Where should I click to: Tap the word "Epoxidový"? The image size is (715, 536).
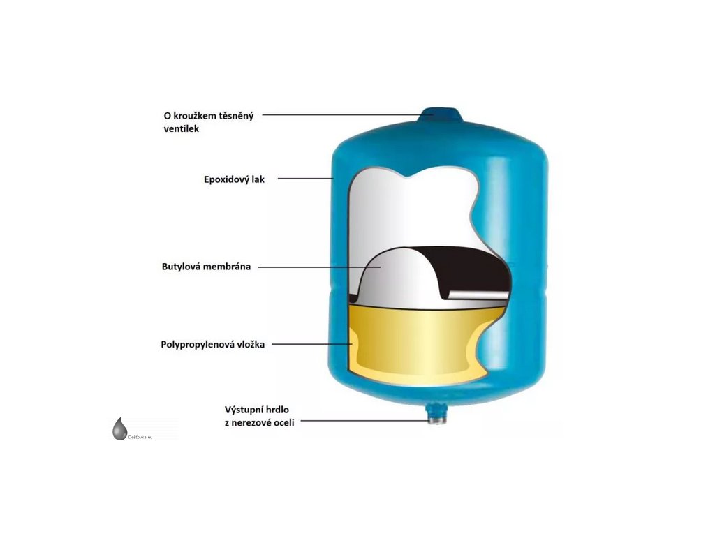(x=221, y=179)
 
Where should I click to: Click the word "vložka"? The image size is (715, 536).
(x=249, y=344)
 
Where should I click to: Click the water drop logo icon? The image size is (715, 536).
(x=120, y=429)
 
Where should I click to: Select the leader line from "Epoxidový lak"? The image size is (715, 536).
(x=305, y=179)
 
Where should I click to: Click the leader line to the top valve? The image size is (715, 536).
(x=342, y=114)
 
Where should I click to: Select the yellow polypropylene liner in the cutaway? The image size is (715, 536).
(x=419, y=342)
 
